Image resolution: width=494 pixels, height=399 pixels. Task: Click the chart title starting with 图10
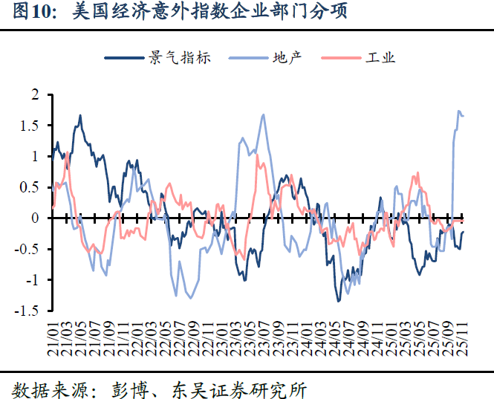point(175,13)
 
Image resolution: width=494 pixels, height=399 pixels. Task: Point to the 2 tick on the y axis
point(34,95)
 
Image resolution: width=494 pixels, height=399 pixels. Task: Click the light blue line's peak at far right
point(458,111)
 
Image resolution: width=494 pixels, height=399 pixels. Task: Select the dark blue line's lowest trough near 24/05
point(339,300)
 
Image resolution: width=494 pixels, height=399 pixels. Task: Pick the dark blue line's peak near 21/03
point(80,116)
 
